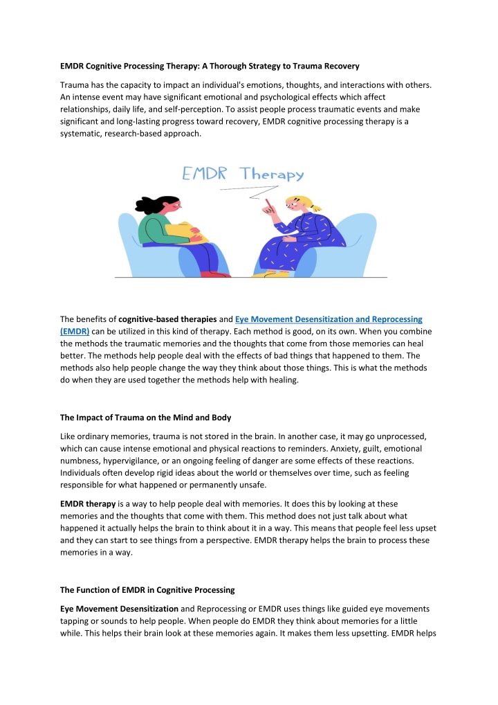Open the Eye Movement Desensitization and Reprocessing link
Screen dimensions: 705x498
329,319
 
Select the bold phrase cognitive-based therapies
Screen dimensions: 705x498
167,319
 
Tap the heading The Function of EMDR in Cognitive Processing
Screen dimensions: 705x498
147,571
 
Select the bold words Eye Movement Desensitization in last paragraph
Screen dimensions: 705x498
114,589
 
